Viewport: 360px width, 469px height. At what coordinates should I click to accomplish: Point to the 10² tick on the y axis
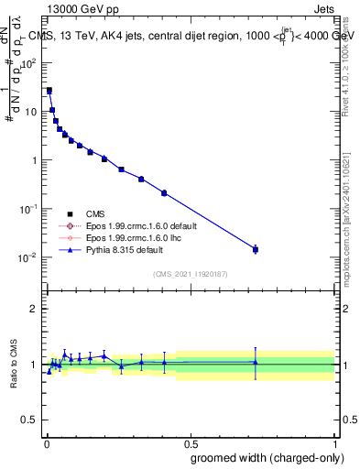pos(30,63)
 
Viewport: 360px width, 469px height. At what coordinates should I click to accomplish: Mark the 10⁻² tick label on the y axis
pos(29,257)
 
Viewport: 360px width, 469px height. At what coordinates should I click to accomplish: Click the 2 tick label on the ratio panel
pos(34,309)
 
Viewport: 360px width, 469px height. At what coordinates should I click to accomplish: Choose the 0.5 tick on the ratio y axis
pos(30,420)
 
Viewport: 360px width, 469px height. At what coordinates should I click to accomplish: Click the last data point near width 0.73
pos(256,249)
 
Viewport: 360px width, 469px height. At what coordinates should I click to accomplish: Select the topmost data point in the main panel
pos(49,91)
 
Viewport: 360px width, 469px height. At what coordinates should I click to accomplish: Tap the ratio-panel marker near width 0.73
pos(256,362)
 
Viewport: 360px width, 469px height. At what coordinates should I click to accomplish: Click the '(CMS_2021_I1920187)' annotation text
pos(191,274)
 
